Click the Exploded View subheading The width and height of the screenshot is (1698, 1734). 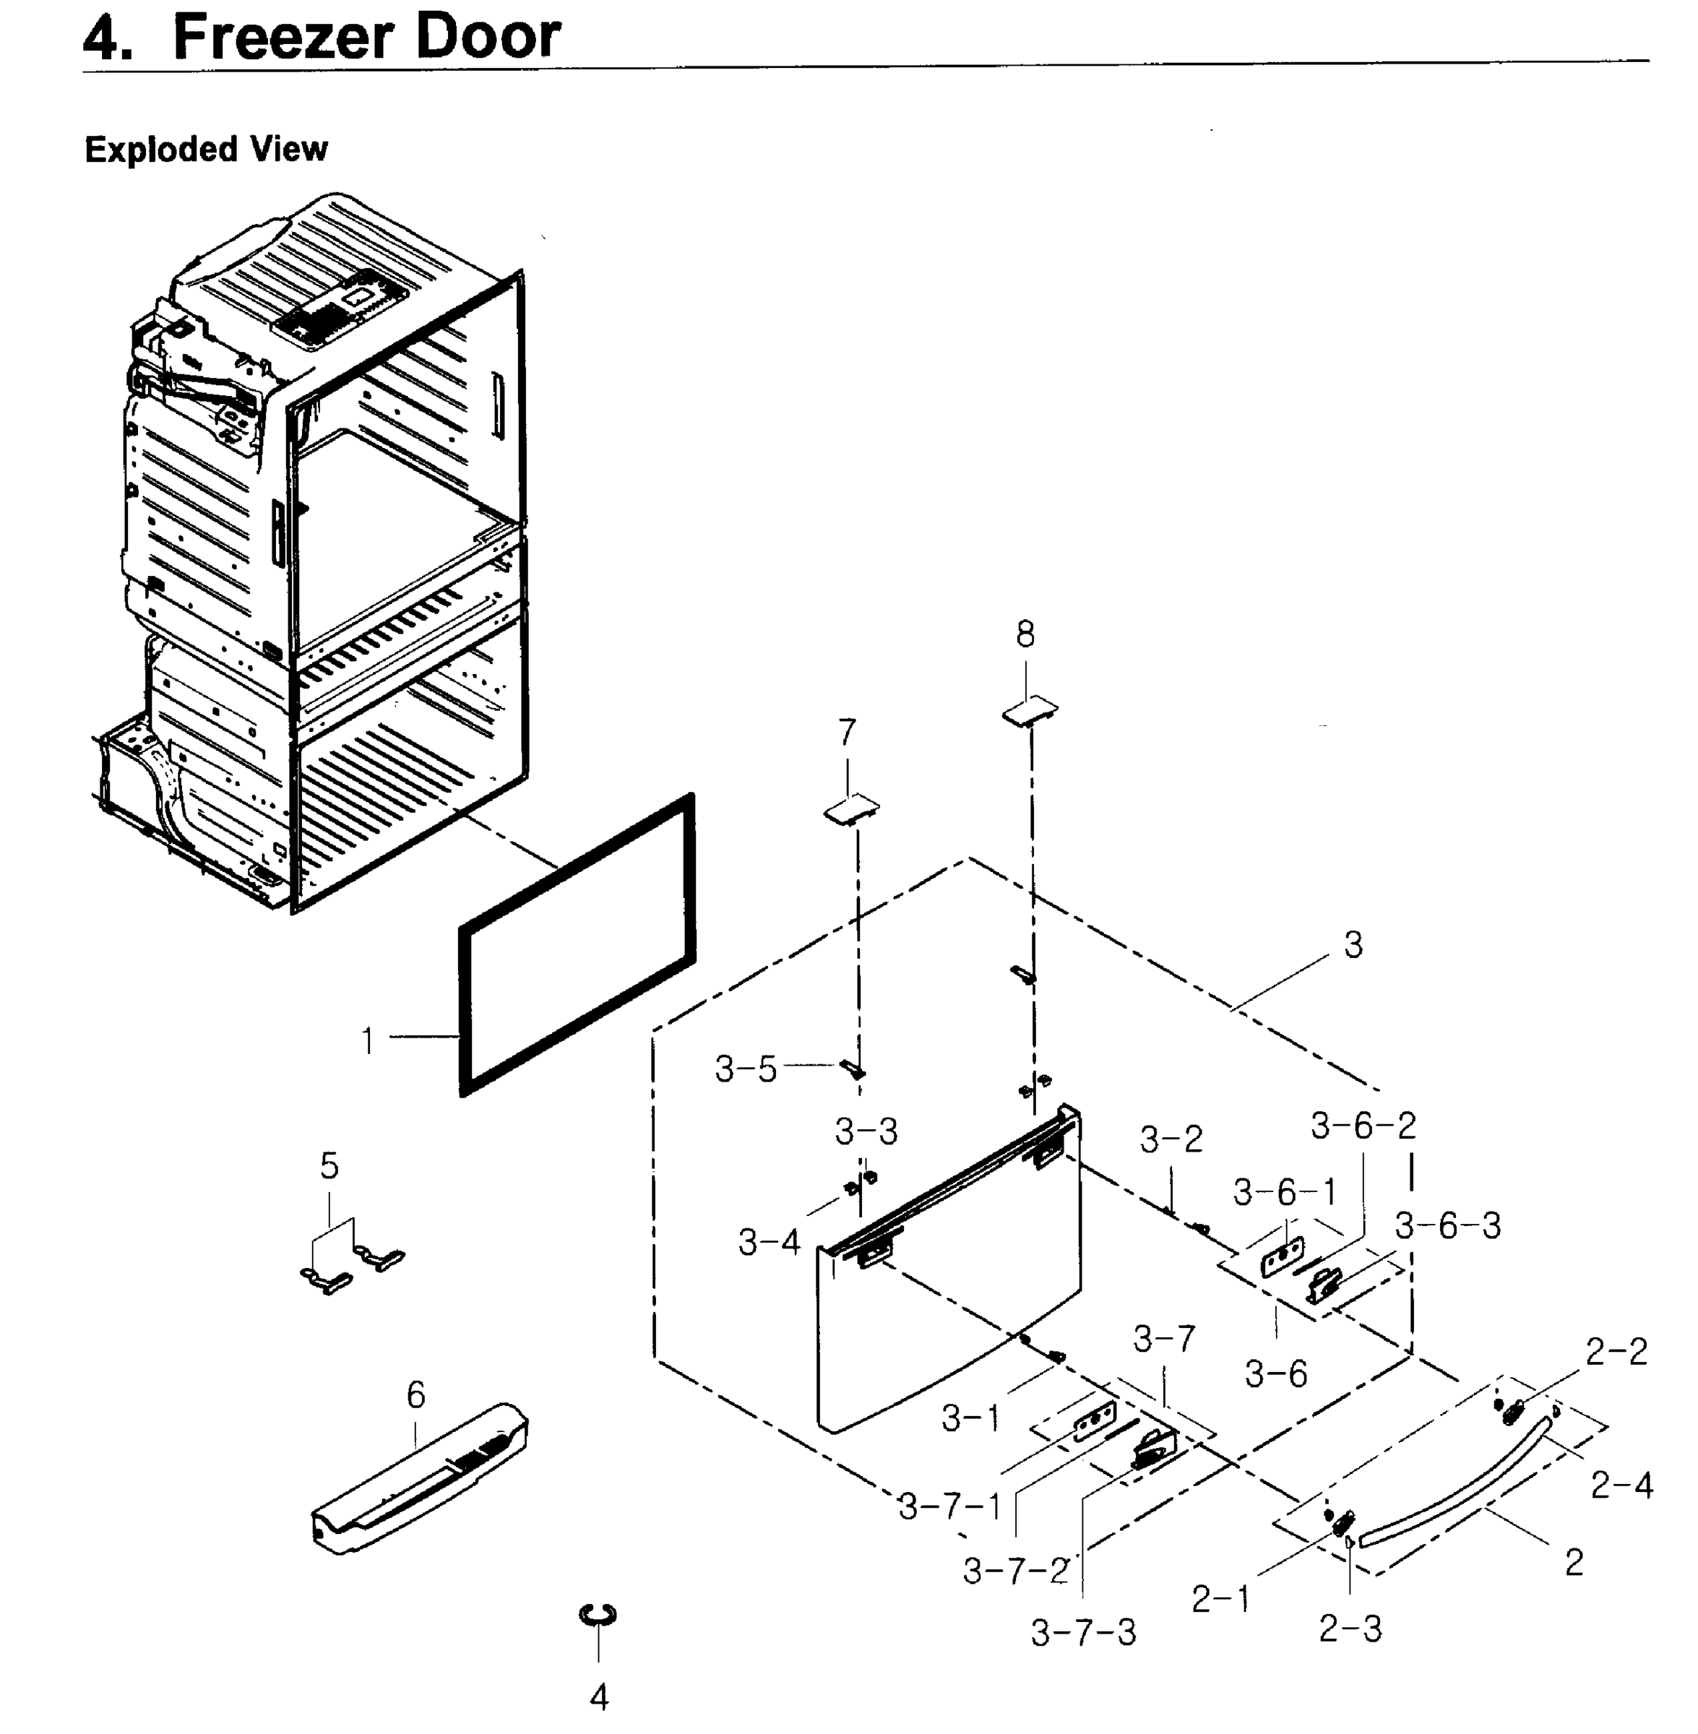click(206, 149)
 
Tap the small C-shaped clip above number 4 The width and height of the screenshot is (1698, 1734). click(598, 1615)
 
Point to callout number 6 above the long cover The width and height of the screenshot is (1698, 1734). click(416, 1395)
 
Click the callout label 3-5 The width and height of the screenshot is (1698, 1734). click(746, 1069)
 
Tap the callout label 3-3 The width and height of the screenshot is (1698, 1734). click(866, 1132)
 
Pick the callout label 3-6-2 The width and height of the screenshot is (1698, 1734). click(1363, 1126)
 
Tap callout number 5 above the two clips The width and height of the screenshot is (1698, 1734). click(329, 1165)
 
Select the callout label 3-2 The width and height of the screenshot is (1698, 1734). click(1171, 1139)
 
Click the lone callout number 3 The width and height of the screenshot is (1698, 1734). click(1353, 945)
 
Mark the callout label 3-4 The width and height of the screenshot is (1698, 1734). click(769, 1242)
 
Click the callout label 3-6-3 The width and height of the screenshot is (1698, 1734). click(1447, 1226)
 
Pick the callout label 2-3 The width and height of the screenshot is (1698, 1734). click(1349, 1629)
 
